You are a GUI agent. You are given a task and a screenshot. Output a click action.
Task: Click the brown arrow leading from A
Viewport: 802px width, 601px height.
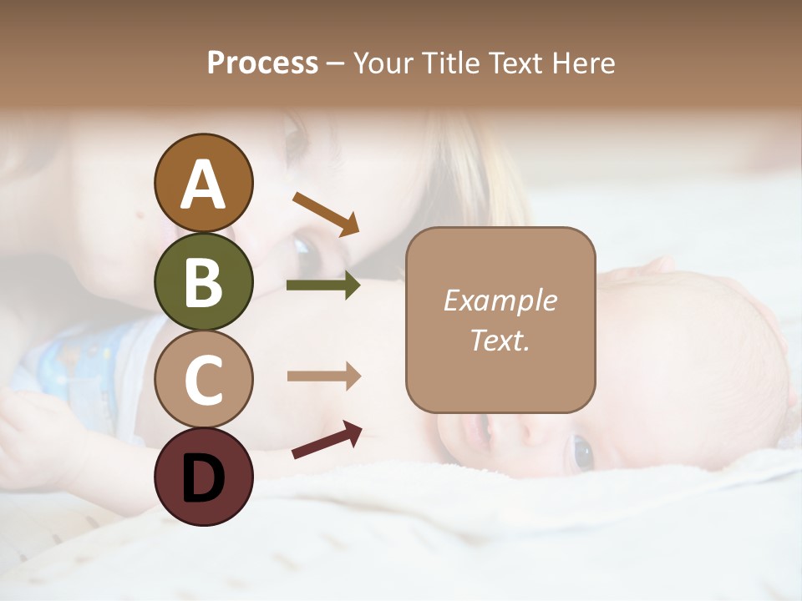coord(326,214)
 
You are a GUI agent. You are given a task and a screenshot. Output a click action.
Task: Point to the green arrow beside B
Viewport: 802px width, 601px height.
coord(323,285)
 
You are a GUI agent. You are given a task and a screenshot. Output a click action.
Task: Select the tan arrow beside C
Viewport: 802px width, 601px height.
coord(323,376)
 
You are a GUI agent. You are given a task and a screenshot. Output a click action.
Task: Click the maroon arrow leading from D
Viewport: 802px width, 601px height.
coord(327,440)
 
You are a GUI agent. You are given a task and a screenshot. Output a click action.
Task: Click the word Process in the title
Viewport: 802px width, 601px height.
coord(262,63)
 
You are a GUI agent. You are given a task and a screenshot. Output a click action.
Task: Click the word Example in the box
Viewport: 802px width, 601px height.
coord(500,300)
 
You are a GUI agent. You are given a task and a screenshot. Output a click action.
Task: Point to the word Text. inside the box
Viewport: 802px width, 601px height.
coord(500,340)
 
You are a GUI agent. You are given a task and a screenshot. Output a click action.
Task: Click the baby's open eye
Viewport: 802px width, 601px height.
coord(581,452)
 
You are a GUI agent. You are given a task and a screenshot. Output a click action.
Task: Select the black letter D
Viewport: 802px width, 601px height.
coord(203,478)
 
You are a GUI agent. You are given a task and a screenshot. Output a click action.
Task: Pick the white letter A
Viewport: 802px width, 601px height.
coord(203,184)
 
